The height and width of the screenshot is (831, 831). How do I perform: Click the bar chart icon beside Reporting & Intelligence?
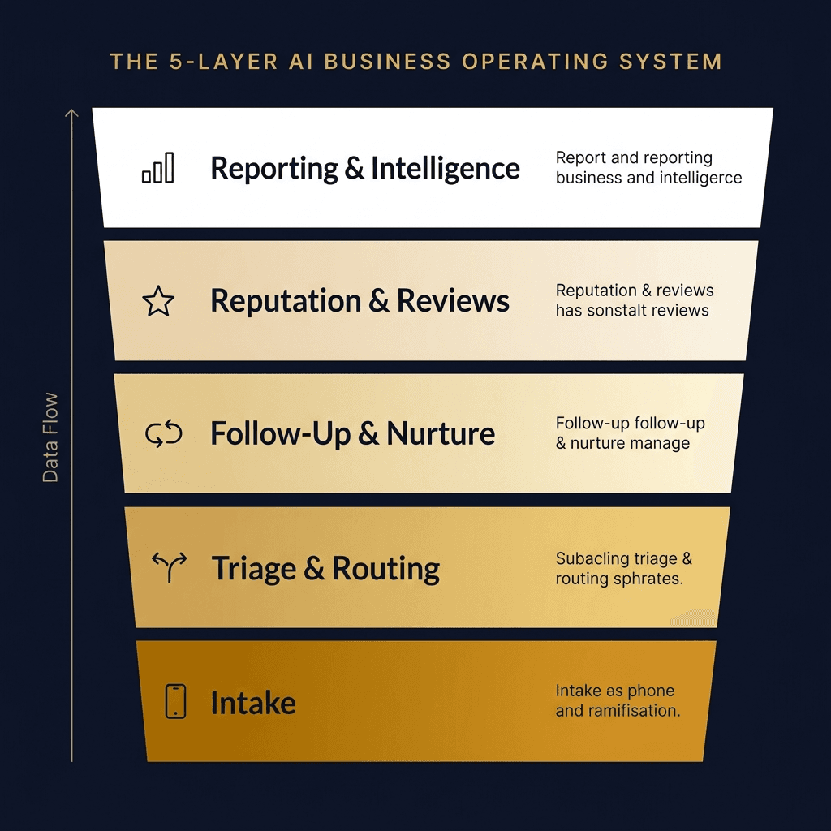(x=158, y=167)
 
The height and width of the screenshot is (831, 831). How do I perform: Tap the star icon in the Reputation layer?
(x=158, y=302)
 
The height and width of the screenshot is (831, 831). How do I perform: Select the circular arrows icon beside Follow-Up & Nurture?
(x=164, y=434)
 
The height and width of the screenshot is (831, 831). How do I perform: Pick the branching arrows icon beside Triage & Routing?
(x=170, y=566)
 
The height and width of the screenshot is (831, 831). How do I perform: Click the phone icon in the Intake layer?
(x=175, y=701)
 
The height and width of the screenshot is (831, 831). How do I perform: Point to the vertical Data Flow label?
(x=50, y=437)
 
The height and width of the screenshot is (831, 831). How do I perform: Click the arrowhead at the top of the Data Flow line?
(x=71, y=114)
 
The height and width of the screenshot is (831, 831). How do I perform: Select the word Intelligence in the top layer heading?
(x=446, y=169)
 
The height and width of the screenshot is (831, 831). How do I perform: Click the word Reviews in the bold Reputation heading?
(x=453, y=301)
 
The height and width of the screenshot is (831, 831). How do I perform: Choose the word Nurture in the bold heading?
(x=441, y=434)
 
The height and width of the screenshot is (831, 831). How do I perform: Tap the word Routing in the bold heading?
(x=386, y=569)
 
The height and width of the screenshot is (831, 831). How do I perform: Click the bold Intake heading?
(x=252, y=703)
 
